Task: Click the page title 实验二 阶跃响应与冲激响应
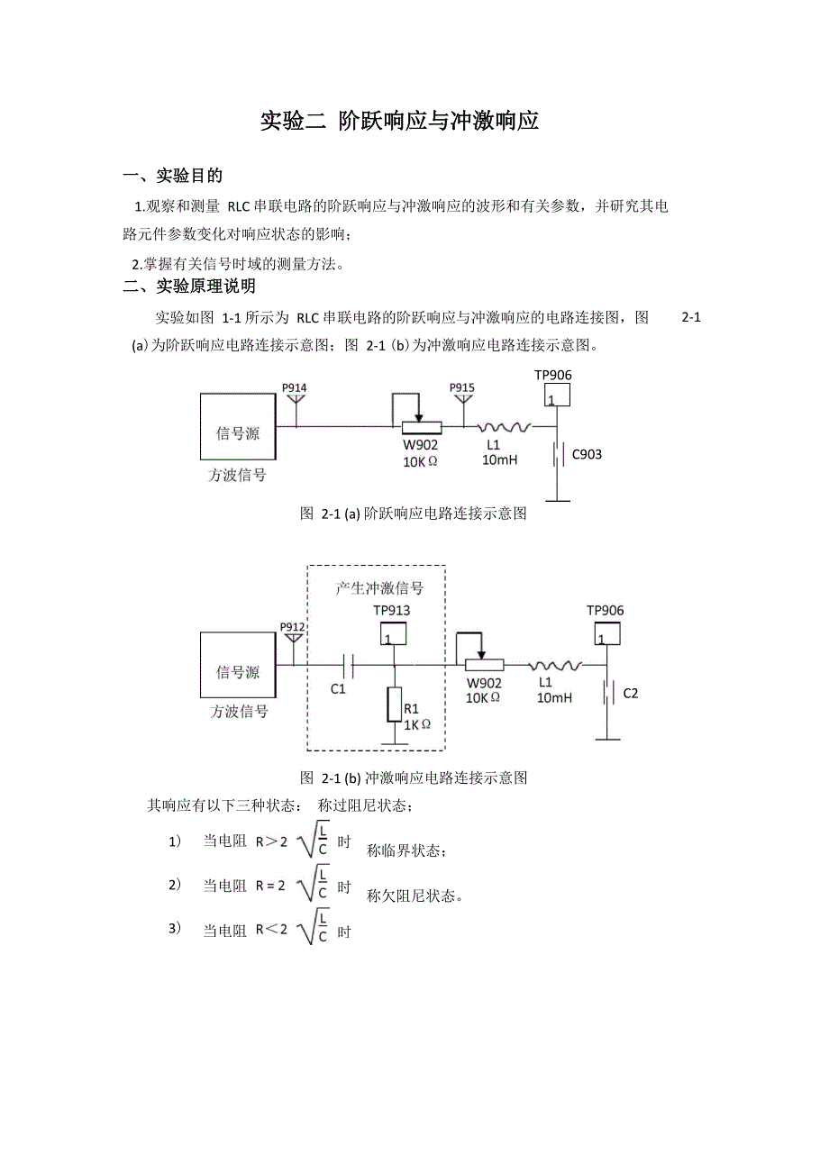[x=399, y=121]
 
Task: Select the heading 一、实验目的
[x=173, y=175]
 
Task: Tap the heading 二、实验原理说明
[x=189, y=286]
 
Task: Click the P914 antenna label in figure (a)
[x=295, y=388]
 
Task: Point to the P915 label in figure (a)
[x=462, y=388]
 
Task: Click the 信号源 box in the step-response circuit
[x=238, y=427]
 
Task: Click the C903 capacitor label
[x=587, y=454]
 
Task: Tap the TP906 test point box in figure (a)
[x=557, y=395]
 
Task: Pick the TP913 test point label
[x=391, y=611]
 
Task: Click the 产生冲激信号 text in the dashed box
[x=379, y=588]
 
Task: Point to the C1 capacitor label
[x=338, y=689]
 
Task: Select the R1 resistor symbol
[x=394, y=704]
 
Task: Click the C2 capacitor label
[x=631, y=693]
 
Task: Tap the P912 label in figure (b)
[x=292, y=627]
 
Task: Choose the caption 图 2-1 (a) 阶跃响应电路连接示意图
[x=413, y=514]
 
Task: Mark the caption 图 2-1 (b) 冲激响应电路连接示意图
[x=413, y=777]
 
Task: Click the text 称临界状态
[x=406, y=850]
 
